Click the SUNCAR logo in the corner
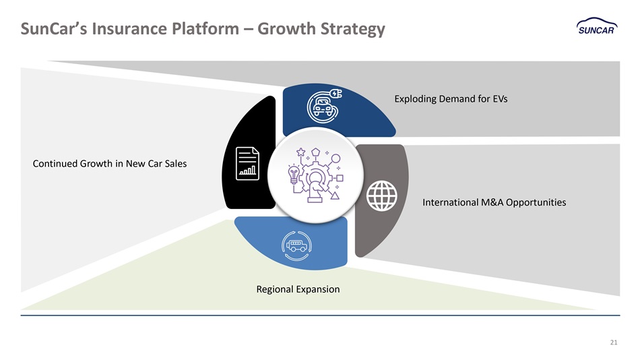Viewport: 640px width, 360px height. pyautogui.click(x=597, y=26)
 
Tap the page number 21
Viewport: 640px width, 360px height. pyautogui.click(x=614, y=342)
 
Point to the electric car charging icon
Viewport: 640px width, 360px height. pyautogui.click(x=324, y=106)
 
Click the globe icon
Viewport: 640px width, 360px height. pyautogui.click(x=381, y=196)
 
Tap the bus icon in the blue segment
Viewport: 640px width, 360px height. pyautogui.click(x=296, y=245)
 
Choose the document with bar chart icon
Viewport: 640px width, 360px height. pyautogui.click(x=247, y=163)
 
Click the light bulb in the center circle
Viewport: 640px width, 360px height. pyautogui.click(x=294, y=175)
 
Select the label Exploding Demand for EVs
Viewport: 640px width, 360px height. pyautogui.click(x=451, y=99)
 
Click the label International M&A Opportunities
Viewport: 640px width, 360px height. pyautogui.click(x=494, y=202)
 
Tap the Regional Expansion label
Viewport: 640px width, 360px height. pyautogui.click(x=298, y=289)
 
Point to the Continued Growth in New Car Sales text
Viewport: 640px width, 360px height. pyautogui.click(x=109, y=164)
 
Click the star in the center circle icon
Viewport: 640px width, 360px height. pyautogui.click(x=301, y=152)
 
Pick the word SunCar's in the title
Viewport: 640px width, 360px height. pyautogui.click(x=53, y=29)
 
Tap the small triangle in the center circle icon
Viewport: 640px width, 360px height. pyautogui.click(x=335, y=196)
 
